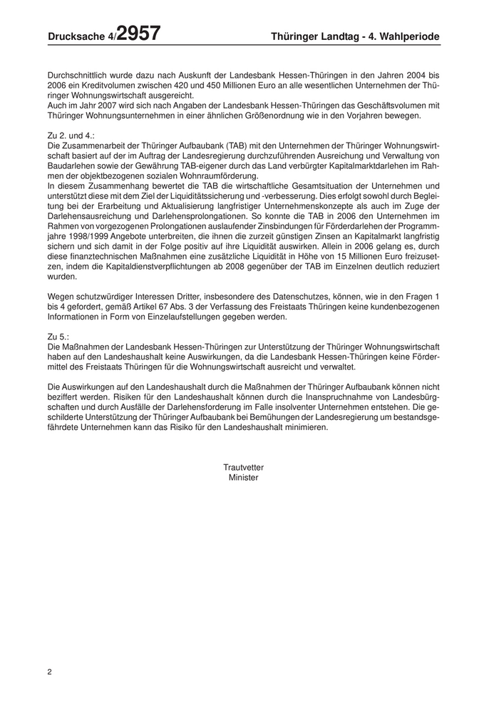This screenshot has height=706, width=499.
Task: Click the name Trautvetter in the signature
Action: tap(243, 467)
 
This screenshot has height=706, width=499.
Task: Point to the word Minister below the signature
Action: tap(243, 478)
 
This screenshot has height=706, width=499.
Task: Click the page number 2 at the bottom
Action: tap(50, 672)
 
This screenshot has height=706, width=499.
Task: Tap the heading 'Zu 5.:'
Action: tap(58, 335)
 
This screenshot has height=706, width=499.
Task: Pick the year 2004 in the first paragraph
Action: tap(416, 74)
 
